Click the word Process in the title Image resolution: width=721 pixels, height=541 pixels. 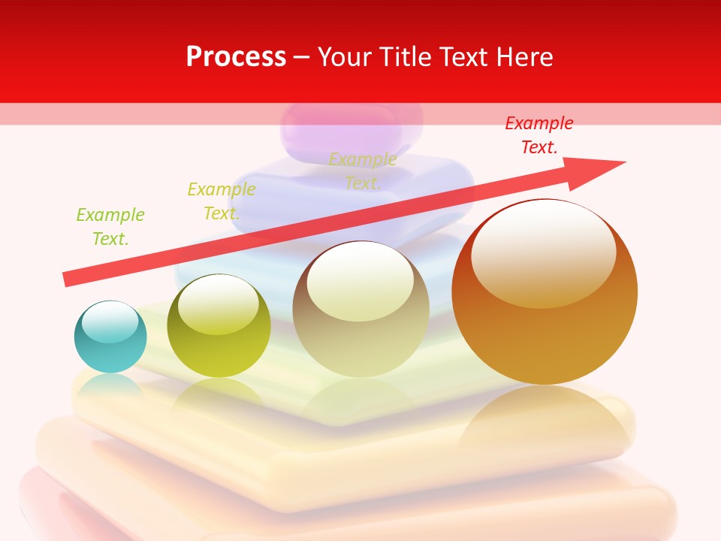point(236,57)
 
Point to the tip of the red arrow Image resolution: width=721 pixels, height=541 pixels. point(623,162)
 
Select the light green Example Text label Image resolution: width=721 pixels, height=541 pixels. point(110,227)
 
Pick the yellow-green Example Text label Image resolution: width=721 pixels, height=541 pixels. point(222,201)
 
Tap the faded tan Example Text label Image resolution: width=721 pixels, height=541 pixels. point(363,171)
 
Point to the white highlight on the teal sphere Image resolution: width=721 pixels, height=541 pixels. point(110,322)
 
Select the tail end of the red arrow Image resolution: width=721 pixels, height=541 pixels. point(66,280)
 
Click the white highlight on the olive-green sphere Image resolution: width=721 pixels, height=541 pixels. point(219,304)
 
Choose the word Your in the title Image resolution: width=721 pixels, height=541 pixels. point(345,57)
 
